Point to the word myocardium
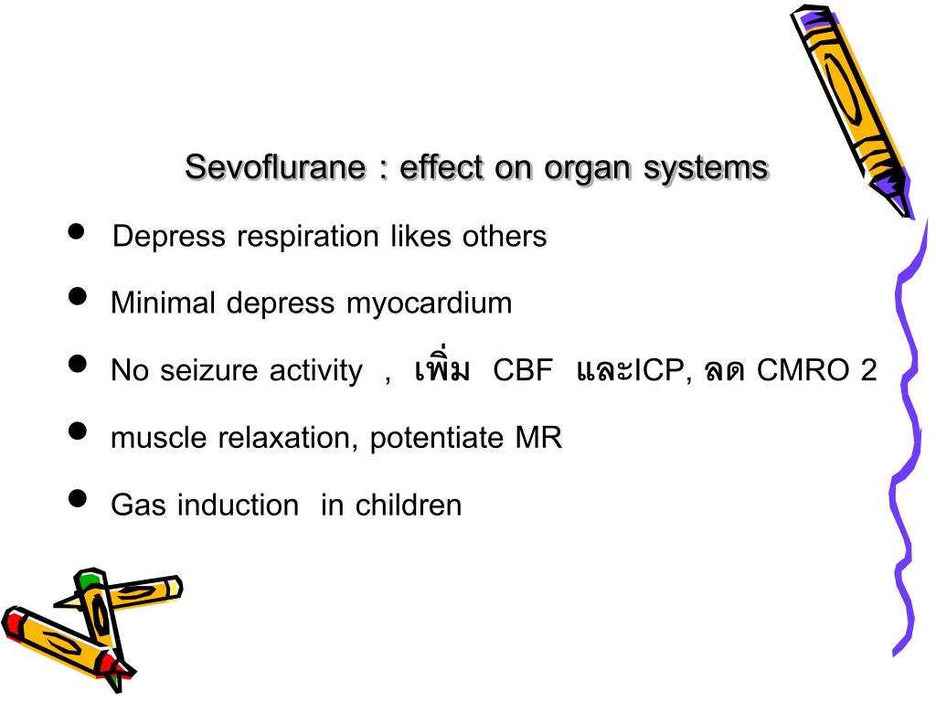[429, 303]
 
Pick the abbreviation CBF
[523, 371]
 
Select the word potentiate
[436, 439]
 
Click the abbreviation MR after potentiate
[538, 439]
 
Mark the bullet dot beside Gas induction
[78, 498]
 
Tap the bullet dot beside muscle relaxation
[78, 431]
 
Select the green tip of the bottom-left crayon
[89, 580]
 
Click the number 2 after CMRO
[867, 371]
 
